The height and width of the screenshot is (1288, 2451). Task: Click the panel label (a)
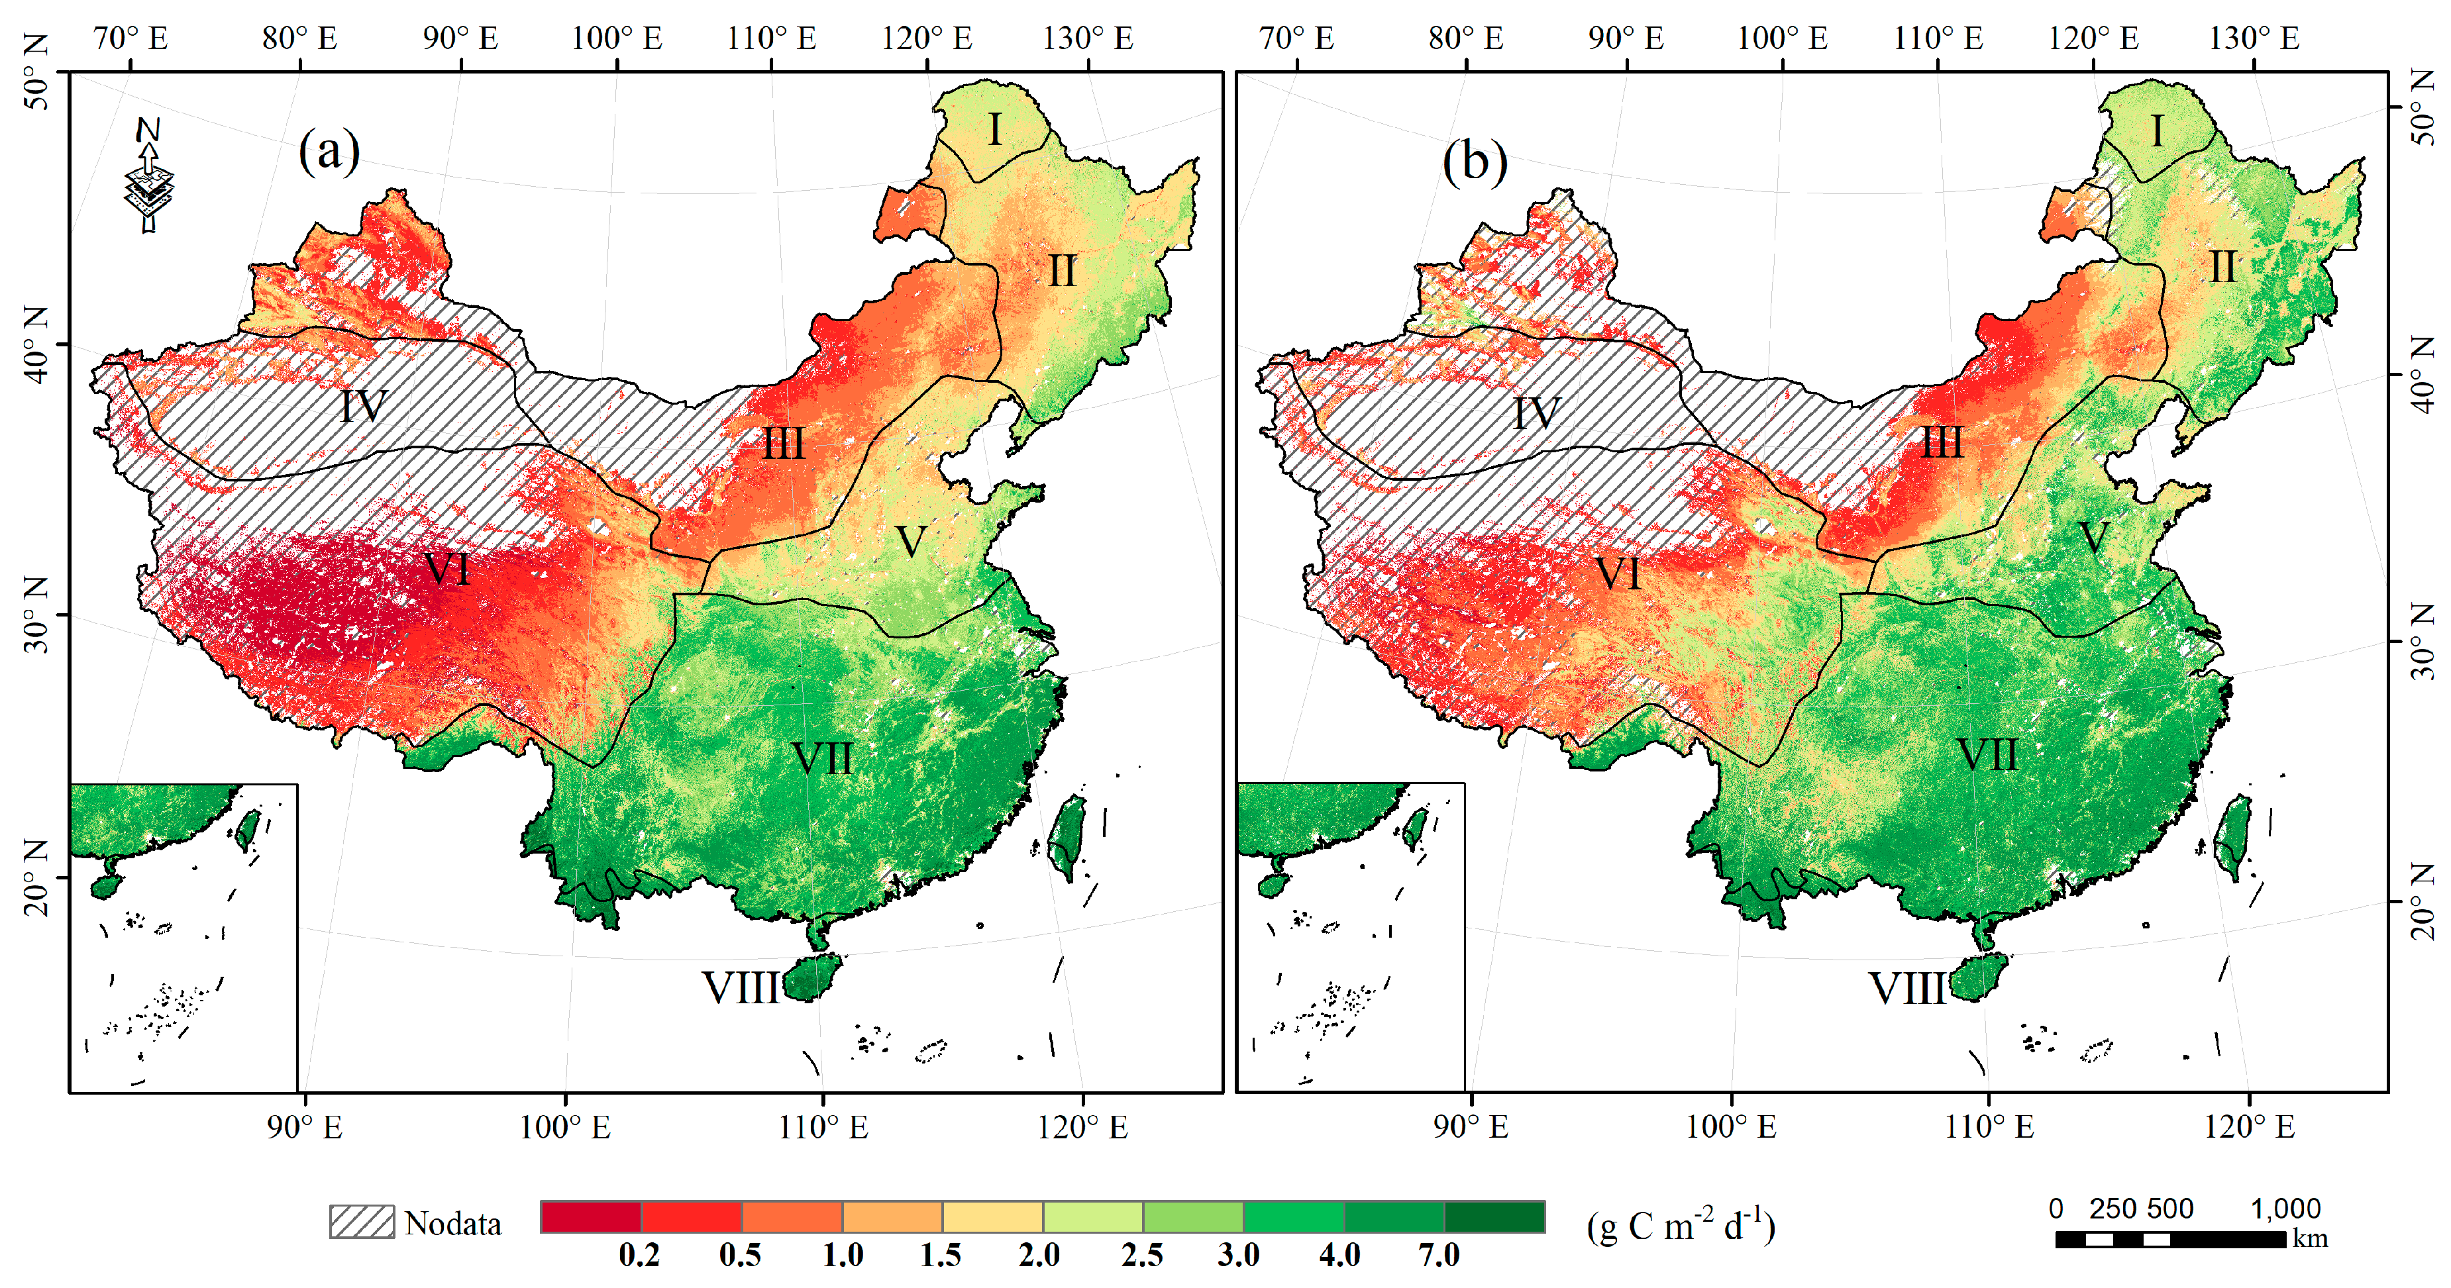(329, 151)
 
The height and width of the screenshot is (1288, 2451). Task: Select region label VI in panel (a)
(447, 570)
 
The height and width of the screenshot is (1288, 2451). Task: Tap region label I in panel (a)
(994, 129)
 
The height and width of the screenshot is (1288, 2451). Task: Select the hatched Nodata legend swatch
(362, 1221)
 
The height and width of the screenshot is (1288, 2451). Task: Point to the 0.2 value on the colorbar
(639, 1256)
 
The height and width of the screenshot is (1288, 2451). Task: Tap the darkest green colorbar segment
(1494, 1216)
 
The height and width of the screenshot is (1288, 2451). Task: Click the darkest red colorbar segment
(591, 1216)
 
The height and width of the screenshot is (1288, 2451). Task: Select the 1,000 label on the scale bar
(2285, 1209)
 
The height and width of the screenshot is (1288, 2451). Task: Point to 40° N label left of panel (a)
(35, 344)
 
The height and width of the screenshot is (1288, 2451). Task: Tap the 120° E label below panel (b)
(2249, 1127)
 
